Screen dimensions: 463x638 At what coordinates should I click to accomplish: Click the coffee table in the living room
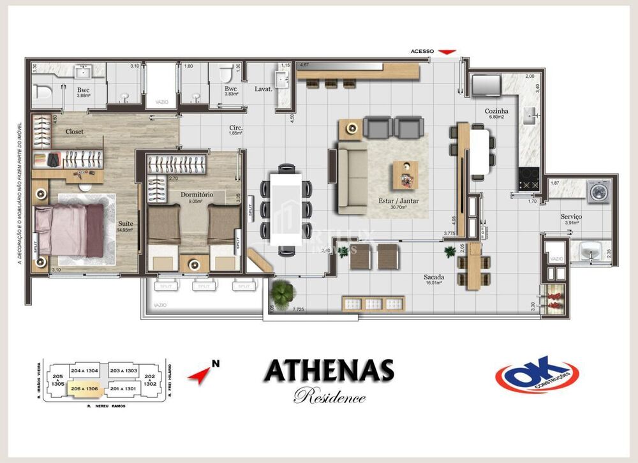(404, 174)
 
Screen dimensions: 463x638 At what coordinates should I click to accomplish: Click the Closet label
(75, 131)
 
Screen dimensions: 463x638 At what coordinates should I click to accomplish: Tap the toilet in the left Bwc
(43, 92)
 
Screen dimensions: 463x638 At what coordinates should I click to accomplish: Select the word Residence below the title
(329, 397)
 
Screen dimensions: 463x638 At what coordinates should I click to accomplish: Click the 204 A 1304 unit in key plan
(85, 370)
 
